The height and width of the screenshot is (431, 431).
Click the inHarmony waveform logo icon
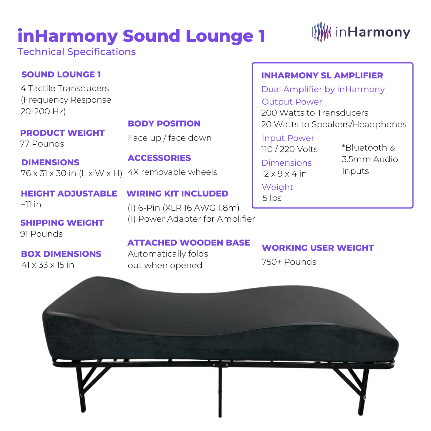coord(321,32)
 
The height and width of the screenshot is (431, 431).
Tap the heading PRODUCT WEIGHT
coord(62,133)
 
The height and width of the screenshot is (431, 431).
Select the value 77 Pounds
coord(42,144)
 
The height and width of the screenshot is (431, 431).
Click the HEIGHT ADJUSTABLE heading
coord(69,194)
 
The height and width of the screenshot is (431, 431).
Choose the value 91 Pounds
coord(41,234)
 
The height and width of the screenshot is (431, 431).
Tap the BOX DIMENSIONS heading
coord(61,254)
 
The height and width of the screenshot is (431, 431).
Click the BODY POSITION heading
coord(164,124)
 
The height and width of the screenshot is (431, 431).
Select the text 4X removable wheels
coord(172,172)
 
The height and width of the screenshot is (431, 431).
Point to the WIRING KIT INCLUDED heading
coord(177,194)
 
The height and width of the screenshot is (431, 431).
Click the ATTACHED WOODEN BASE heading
coord(189,243)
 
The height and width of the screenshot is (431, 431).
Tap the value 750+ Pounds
coord(289,262)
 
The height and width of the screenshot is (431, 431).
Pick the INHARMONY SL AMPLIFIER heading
coord(322,76)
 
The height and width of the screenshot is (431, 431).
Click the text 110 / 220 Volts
coord(289,149)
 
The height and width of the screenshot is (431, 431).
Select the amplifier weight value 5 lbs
coord(272,198)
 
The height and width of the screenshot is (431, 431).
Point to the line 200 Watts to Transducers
coord(315,113)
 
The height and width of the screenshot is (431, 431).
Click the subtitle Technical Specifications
coord(77,52)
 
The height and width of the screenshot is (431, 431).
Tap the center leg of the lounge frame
coord(220,391)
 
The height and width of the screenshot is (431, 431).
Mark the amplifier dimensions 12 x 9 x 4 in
coord(284,174)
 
